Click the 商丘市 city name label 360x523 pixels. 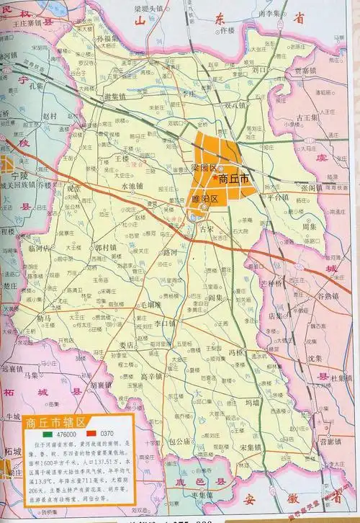coord(235,177)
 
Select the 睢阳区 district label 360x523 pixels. coord(204,197)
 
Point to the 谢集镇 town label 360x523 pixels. coord(117,97)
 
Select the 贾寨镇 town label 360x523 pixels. coord(305,70)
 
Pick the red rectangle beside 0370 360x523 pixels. coord(93,436)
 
